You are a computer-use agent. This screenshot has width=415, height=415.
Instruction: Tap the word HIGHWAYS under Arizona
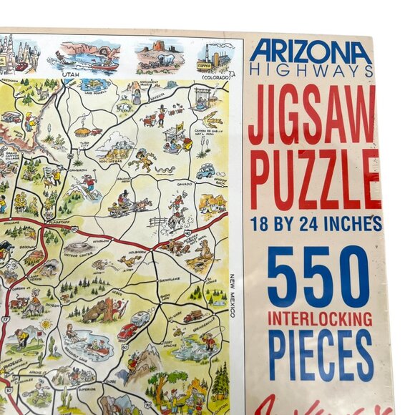[x=311, y=70]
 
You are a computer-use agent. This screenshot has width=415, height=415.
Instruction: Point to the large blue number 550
[x=318, y=275]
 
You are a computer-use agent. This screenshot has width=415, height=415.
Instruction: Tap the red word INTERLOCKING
[x=320, y=318]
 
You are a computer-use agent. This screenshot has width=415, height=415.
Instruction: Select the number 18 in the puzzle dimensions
[x=261, y=224]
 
